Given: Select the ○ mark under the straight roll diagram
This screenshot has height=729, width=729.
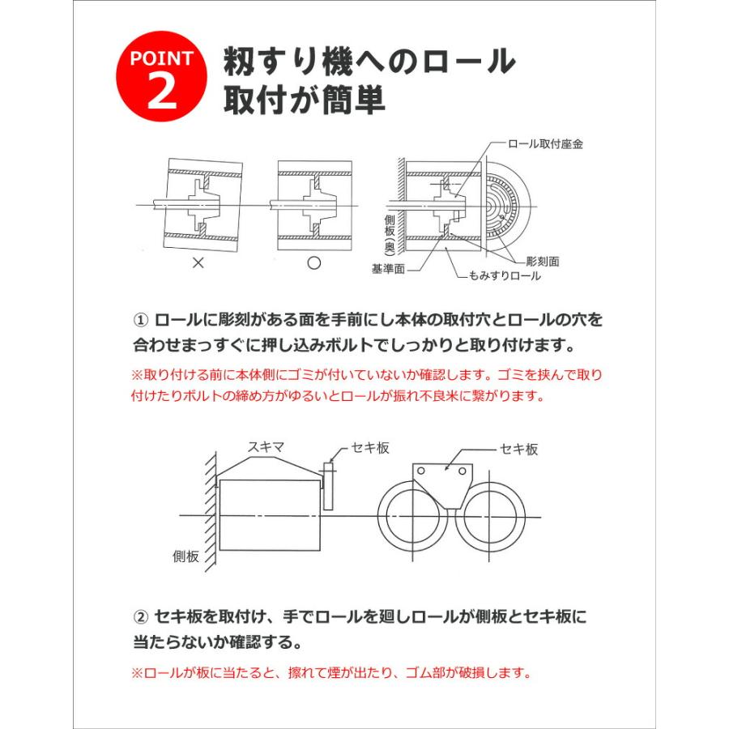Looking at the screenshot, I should [314, 263].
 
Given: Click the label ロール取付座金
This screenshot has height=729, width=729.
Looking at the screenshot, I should [545, 143].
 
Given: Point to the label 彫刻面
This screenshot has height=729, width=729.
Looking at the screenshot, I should [542, 262].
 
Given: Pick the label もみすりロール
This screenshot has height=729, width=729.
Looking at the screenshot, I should [504, 276].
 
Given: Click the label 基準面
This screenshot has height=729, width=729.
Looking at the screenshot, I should [387, 268].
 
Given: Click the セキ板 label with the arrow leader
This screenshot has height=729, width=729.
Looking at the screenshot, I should [518, 450].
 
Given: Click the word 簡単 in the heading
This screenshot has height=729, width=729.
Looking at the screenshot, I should [348, 99].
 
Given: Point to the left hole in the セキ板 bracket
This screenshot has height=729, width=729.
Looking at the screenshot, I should [423, 470].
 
